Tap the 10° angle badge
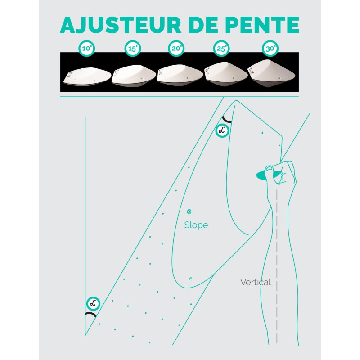coord(88,49)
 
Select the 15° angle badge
coord(132,49)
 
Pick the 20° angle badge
coord(176,49)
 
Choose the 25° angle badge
coord(220,49)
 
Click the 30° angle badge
coord(269,49)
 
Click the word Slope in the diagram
coord(196,225)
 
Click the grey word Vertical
coord(256,283)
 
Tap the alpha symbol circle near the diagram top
coord(222,130)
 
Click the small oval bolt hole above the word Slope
coord(189,211)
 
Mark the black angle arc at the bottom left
coord(91,315)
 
